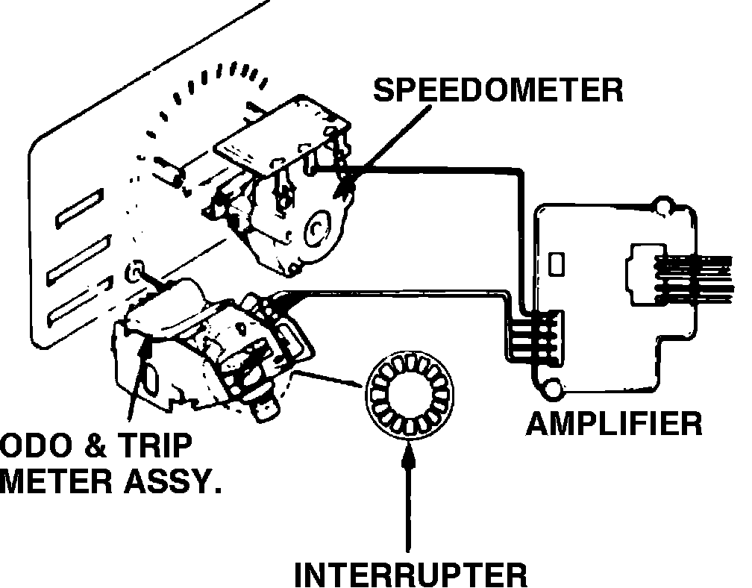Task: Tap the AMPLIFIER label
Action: (614, 423)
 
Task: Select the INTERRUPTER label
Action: (411, 575)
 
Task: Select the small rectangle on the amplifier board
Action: (556, 263)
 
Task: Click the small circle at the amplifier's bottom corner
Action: (553, 386)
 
